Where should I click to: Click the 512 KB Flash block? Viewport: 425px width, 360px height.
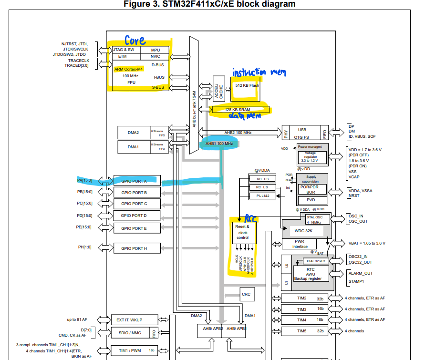(248, 86)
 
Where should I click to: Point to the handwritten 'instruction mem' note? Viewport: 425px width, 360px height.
(259, 72)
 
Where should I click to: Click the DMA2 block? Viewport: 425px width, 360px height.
(134, 133)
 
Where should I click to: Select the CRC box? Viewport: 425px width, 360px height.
(246, 294)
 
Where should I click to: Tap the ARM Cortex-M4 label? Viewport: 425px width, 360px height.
(128, 69)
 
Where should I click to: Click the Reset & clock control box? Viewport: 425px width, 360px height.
(243, 232)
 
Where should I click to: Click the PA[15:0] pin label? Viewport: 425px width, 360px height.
(84, 181)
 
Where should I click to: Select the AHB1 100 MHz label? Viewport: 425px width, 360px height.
(219, 144)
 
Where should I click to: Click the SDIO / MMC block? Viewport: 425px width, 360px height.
(130, 332)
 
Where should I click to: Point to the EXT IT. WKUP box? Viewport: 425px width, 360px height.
(130, 319)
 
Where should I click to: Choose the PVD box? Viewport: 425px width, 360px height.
(311, 200)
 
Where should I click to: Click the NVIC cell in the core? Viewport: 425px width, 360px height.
(155, 56)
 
